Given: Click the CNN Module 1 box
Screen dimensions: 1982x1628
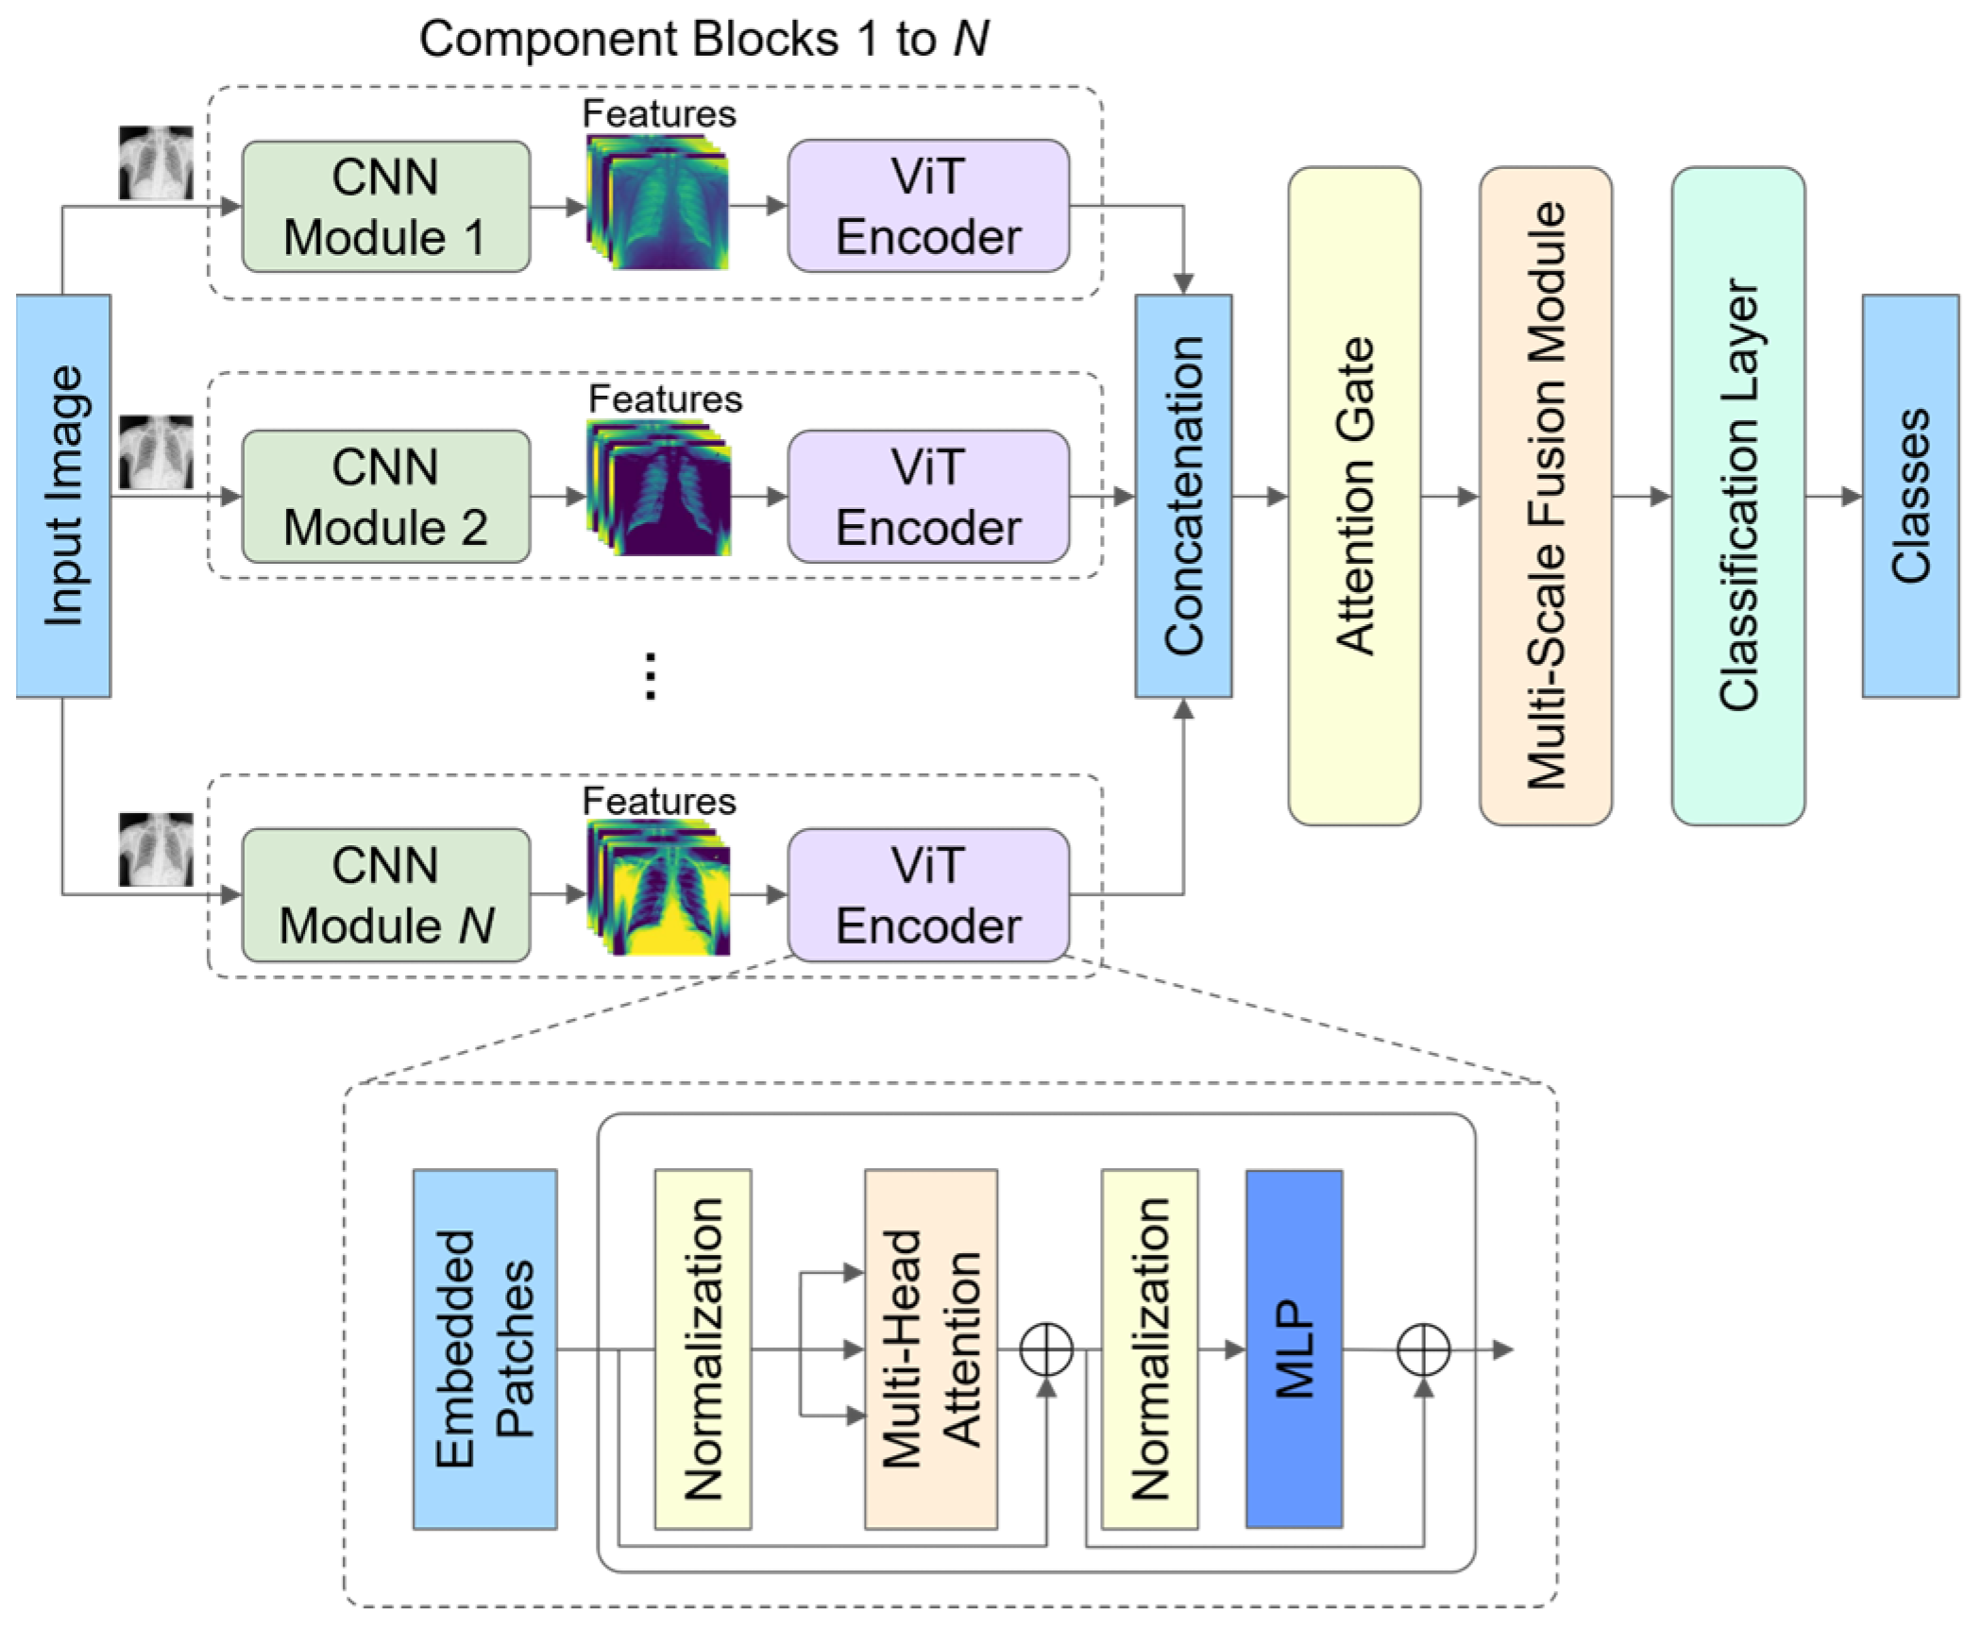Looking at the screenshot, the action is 386,207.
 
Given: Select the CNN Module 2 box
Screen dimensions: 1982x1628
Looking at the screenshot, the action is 386,497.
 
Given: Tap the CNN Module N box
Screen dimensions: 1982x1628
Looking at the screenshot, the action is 386,895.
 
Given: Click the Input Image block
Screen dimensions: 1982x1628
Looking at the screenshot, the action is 63,496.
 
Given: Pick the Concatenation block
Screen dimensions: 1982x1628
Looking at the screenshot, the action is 1183,496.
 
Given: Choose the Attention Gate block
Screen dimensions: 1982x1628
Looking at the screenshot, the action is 1354,496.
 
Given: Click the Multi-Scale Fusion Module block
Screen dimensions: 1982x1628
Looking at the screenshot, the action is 1546,496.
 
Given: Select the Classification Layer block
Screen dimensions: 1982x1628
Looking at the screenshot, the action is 1738,496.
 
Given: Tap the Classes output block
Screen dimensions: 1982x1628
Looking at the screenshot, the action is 1910,496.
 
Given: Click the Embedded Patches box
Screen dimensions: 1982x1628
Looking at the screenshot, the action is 485,1349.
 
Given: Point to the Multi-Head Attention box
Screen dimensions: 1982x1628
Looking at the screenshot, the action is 931,1349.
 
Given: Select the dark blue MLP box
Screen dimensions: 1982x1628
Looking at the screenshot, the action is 1294,1349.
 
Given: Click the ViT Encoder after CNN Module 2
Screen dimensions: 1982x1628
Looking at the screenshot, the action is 929,497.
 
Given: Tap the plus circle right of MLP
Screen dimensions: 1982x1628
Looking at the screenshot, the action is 1423,1349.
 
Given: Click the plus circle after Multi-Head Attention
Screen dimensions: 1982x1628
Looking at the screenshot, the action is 1046,1349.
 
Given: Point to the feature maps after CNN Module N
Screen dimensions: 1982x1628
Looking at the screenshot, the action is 658,888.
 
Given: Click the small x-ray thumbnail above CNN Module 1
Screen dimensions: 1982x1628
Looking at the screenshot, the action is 156,162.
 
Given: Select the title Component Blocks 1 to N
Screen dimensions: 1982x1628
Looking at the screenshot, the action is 703,40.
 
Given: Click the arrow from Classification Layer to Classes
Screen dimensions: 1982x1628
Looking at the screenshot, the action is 1834,496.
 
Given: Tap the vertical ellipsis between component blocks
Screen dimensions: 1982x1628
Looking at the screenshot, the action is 650,676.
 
